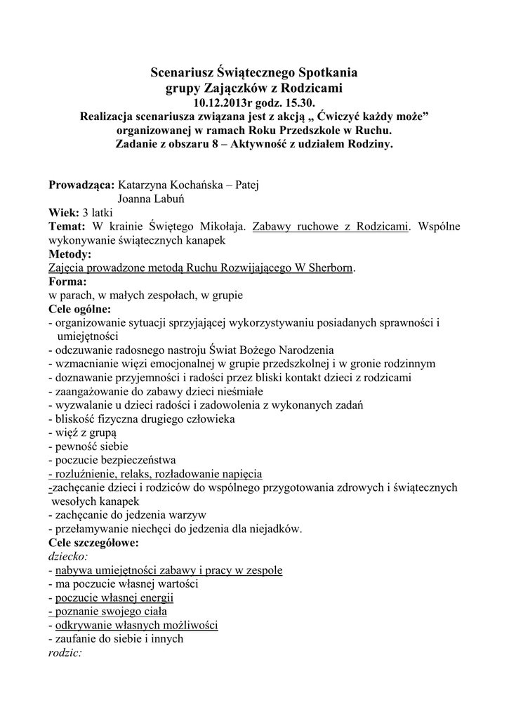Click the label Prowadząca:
pyautogui.click(x=81, y=185)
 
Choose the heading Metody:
pyautogui.click(x=70, y=254)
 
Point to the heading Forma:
pyautogui.click(x=67, y=282)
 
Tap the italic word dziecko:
pyautogui.click(x=68, y=556)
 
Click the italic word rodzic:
pyautogui.click(x=65, y=652)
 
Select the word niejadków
pyautogui.click(x=273, y=529)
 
